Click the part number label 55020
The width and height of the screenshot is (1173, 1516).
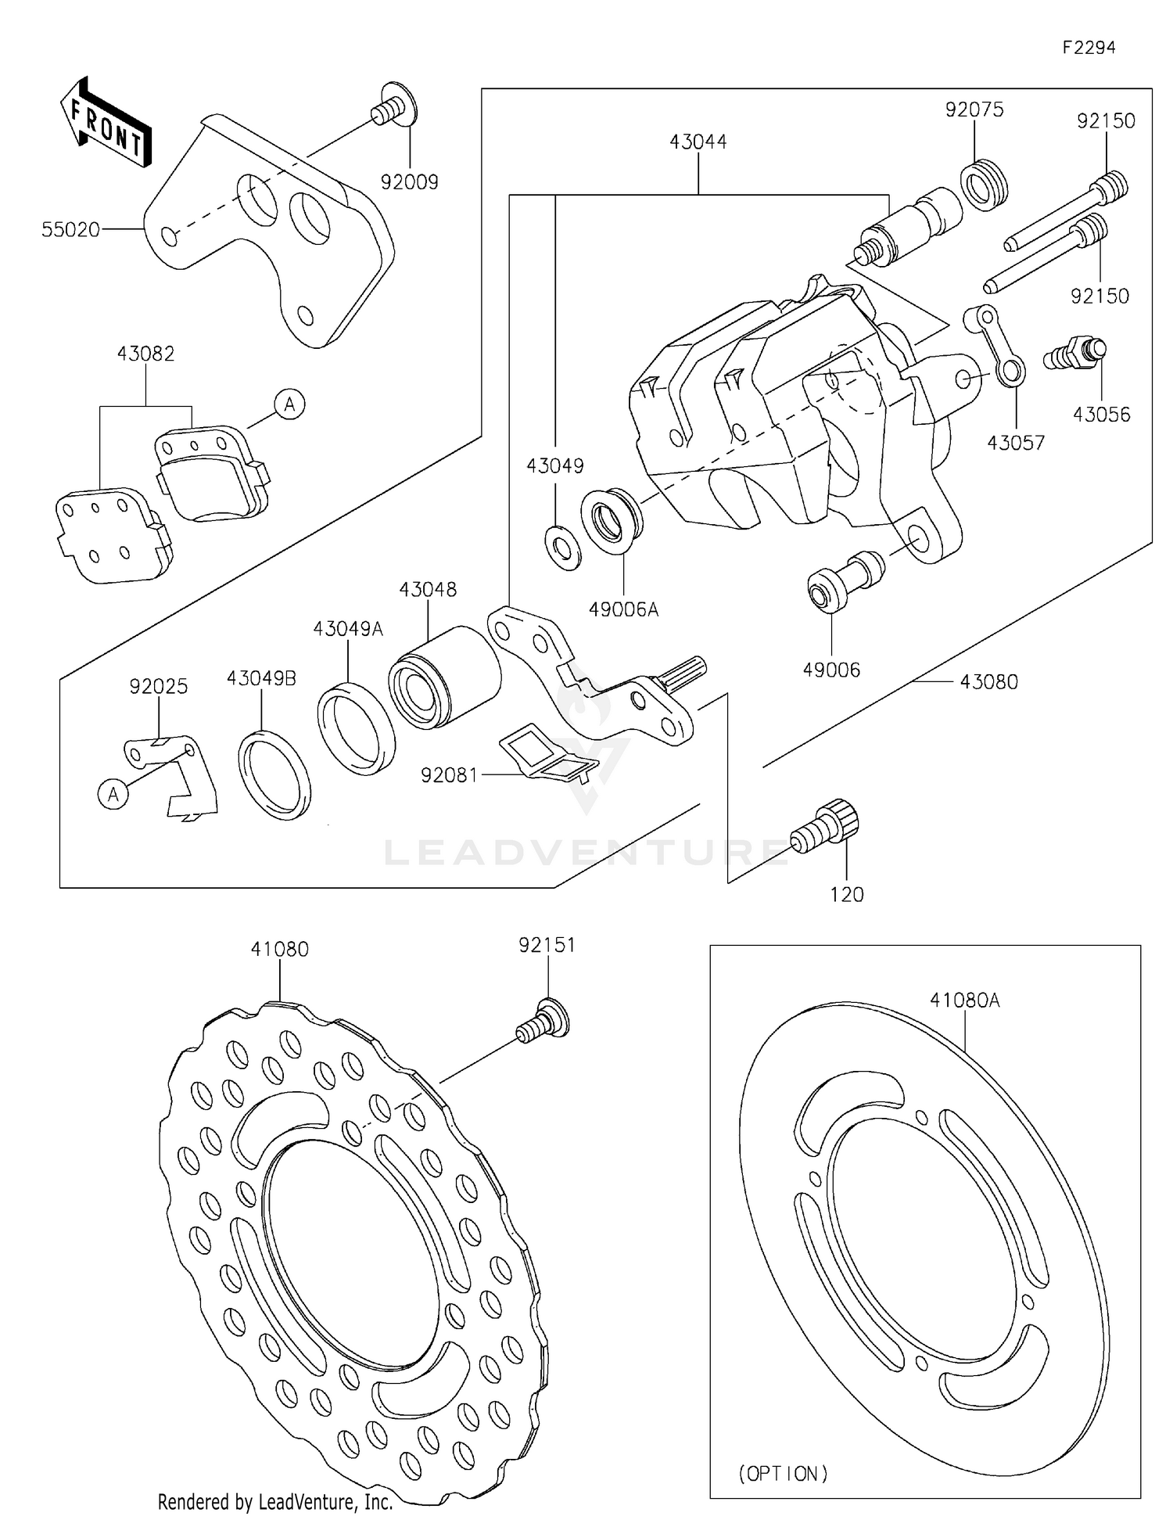(70, 230)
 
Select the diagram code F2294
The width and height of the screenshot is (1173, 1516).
(1089, 48)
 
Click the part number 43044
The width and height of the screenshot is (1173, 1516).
(698, 142)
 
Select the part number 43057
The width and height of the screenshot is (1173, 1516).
(1016, 444)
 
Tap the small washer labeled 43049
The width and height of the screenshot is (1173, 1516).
(562, 548)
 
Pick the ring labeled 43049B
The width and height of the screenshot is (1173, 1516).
(274, 774)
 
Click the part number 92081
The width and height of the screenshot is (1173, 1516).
(449, 775)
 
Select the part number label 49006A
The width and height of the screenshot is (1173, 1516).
(623, 609)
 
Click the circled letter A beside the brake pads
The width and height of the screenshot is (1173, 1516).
(290, 404)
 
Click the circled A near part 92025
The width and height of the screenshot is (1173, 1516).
(113, 795)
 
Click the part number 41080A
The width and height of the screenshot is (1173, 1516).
(964, 1000)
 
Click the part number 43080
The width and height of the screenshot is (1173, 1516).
(988, 682)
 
